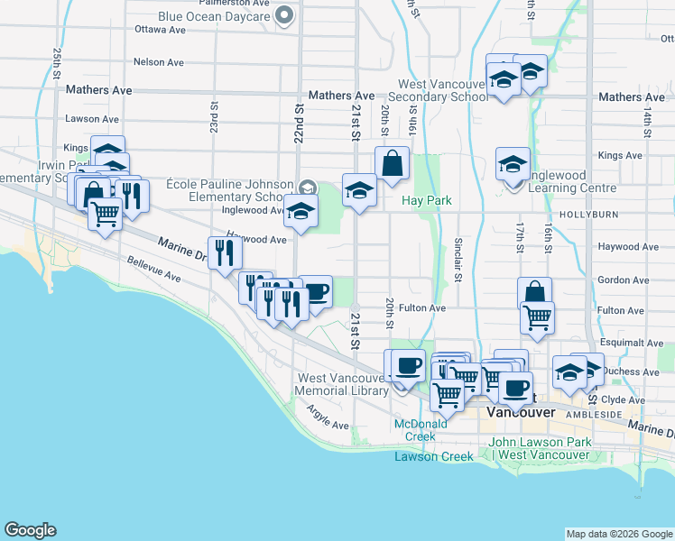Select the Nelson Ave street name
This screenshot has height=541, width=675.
click(x=158, y=62)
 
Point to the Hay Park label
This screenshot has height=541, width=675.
click(x=427, y=200)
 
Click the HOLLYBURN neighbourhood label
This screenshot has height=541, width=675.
click(x=586, y=215)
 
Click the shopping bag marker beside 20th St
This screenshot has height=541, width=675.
click(x=393, y=165)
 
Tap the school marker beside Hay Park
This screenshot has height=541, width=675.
click(x=359, y=190)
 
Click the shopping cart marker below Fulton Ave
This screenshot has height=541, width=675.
click(x=537, y=316)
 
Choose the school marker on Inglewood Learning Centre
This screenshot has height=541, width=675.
click(x=513, y=165)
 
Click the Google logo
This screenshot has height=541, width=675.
click(x=30, y=531)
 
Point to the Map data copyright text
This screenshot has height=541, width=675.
click(x=618, y=534)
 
